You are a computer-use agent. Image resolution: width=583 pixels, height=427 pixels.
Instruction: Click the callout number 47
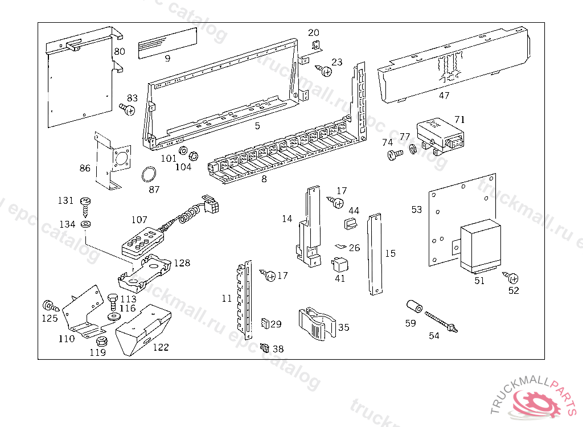click(444, 95)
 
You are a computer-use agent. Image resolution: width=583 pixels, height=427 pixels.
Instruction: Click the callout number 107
click(139, 220)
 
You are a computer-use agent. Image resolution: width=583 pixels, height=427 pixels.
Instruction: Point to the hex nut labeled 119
click(102, 341)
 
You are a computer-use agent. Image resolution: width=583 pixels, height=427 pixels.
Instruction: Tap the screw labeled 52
click(512, 278)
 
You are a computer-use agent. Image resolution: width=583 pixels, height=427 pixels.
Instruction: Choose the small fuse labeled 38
click(264, 346)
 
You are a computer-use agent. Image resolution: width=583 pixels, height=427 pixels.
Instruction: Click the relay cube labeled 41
click(339, 264)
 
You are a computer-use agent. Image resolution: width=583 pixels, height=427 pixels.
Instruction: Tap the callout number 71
click(459, 119)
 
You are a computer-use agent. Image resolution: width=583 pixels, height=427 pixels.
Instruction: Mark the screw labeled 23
click(326, 72)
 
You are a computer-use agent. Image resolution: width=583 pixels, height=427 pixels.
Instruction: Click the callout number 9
click(167, 58)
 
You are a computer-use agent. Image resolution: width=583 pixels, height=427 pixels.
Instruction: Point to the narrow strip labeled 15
click(374, 254)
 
